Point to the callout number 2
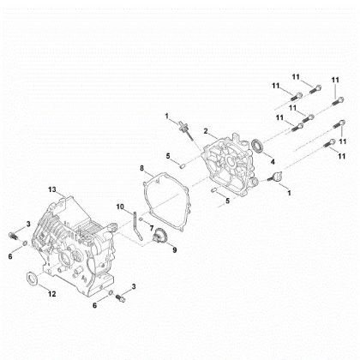click(x=206, y=130)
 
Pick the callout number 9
click(x=175, y=250)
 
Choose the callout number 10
click(x=122, y=206)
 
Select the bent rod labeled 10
click(x=135, y=225)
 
